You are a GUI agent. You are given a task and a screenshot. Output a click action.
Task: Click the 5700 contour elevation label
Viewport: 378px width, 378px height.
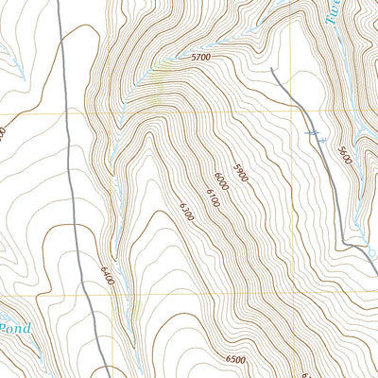click(x=199, y=59)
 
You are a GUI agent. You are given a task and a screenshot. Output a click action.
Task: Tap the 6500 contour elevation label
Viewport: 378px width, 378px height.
click(x=236, y=360)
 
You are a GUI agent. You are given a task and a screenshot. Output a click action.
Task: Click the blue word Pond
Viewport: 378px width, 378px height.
click(x=14, y=328)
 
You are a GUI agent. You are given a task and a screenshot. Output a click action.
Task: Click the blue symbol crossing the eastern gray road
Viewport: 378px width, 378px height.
click(x=318, y=137)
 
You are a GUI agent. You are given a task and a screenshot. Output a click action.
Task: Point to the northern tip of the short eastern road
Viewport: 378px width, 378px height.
click(x=271, y=68)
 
